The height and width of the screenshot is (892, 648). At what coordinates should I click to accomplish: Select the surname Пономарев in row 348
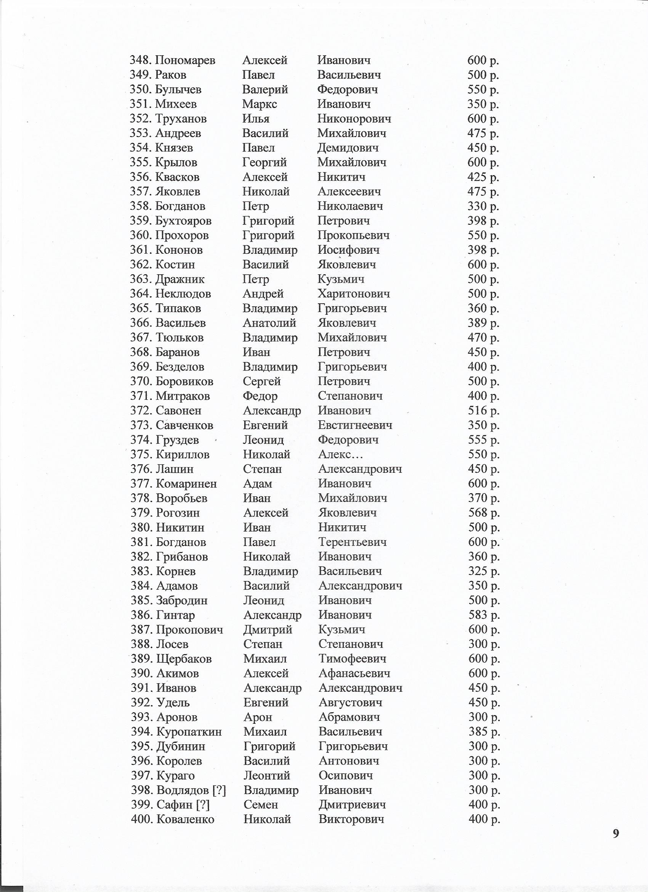185,60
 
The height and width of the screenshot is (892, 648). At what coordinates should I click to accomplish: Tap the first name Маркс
259,104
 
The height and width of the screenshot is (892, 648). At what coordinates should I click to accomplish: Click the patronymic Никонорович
354,119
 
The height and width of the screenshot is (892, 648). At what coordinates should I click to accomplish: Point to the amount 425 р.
483,177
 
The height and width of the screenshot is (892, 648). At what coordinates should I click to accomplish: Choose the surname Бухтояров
183,221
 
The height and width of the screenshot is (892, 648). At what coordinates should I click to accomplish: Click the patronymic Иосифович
348,250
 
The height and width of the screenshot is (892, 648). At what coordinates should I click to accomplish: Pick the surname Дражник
180,279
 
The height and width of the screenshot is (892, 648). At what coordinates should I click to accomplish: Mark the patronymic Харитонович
354,294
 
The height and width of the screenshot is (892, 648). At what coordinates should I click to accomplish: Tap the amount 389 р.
483,323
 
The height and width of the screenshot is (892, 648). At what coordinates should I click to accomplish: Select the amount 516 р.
483,411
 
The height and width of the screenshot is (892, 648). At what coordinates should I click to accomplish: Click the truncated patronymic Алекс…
340,455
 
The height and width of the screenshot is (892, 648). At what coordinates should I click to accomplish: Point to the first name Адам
257,484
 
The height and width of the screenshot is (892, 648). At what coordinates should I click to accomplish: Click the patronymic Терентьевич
352,543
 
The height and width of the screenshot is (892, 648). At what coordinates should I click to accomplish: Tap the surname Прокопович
189,630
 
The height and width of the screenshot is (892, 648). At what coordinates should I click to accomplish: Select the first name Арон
258,717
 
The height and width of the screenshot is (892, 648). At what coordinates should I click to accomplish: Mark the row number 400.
141,820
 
